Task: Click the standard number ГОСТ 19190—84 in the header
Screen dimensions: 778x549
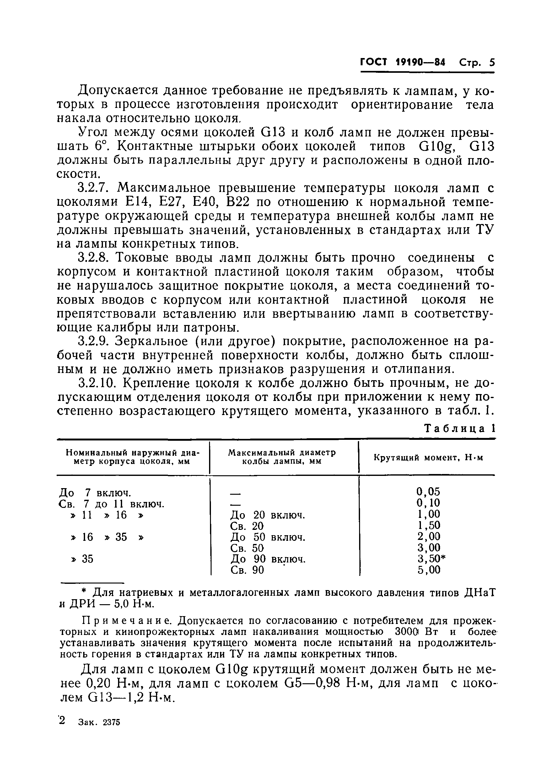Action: pos(402,62)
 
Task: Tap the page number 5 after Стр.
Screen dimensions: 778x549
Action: pos(491,62)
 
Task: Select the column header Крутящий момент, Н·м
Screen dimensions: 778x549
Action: pos(428,457)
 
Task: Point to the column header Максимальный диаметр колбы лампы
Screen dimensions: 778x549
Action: pos(282,457)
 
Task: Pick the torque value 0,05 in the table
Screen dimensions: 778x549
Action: pos(428,491)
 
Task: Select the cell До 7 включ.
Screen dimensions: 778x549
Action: pos(94,492)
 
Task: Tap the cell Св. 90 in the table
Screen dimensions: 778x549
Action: pos(246,570)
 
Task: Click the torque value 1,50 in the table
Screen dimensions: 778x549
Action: pos(428,525)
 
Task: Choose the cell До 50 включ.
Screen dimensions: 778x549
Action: pos(267,537)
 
